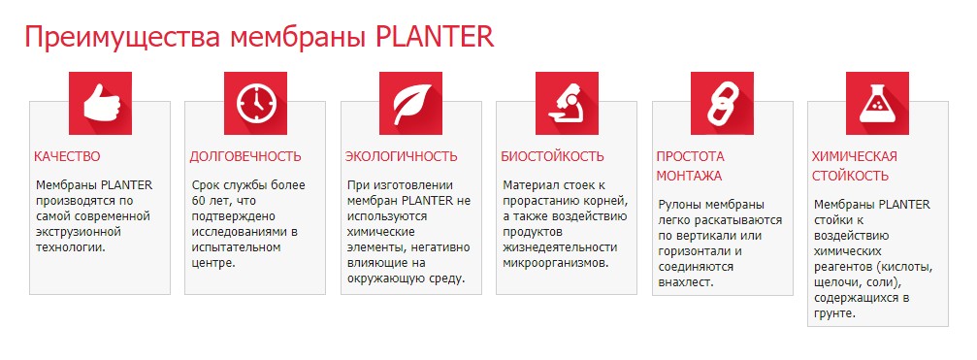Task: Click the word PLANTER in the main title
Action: click(435, 38)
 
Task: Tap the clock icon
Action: click(255, 104)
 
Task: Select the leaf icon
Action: click(410, 104)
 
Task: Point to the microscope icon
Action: click(567, 104)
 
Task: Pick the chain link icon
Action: click(723, 104)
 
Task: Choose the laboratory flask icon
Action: click(877, 104)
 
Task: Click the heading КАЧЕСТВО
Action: click(67, 156)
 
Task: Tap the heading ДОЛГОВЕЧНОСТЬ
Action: click(245, 156)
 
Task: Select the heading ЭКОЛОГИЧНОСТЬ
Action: click(402, 156)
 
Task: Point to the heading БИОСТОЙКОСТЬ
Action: click(553, 156)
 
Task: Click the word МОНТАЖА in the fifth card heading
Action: click(689, 176)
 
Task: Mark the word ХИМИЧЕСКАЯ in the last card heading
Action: click(855, 156)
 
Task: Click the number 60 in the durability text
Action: click(199, 201)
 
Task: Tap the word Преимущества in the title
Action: click(123, 38)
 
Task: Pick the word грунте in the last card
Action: click(834, 313)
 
